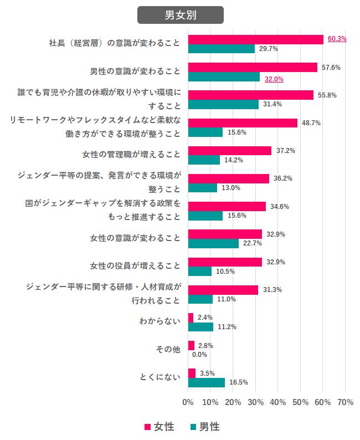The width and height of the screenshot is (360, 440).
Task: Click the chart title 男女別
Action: tap(180, 15)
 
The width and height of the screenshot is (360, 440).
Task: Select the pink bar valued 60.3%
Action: tap(255, 39)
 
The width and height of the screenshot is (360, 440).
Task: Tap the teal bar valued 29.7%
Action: tap(221, 49)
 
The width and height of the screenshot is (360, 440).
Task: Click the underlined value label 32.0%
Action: tap(274, 79)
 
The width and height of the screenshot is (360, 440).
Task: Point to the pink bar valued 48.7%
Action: tap(243, 123)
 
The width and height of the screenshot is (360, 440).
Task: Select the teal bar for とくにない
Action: tap(206, 382)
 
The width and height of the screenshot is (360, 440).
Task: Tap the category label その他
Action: tap(169, 349)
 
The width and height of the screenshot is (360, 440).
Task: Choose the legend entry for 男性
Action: tap(204, 427)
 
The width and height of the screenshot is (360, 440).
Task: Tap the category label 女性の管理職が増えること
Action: tap(135, 154)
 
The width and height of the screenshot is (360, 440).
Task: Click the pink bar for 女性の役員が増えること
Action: tap(225, 262)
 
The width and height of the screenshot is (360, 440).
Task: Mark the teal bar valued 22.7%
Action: tap(213, 243)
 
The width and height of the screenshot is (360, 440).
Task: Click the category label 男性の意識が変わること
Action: tap(135, 71)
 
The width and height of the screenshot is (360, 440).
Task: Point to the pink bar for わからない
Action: tap(191, 318)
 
